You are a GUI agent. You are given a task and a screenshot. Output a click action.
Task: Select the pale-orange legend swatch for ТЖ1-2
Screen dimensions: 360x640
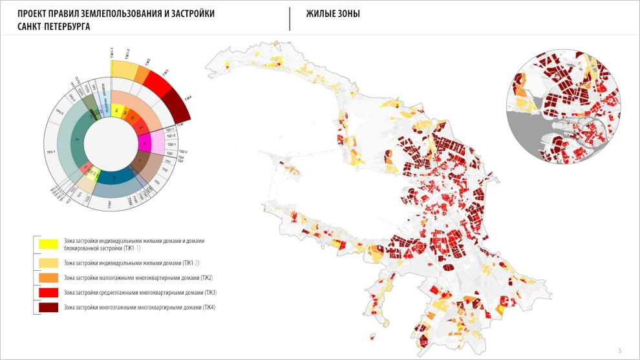point(48,262)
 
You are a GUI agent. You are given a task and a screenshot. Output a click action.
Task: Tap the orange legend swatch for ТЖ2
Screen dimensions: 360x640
point(48,277)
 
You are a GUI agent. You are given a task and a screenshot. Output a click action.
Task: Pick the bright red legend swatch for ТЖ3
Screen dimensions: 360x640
point(48,292)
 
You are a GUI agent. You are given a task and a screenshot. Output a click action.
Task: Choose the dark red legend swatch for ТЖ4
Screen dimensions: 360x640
point(48,307)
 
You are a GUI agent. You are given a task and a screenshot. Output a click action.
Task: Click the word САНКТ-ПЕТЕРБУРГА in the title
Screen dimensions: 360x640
point(54,27)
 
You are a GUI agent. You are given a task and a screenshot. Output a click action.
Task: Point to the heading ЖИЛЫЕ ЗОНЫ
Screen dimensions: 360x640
point(333,14)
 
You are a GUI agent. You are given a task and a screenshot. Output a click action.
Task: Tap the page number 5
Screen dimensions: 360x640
point(620,350)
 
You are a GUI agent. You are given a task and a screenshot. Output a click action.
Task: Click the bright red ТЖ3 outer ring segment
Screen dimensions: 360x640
point(157,81)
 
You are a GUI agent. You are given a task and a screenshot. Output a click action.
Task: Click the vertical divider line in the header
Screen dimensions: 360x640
point(290,19)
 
